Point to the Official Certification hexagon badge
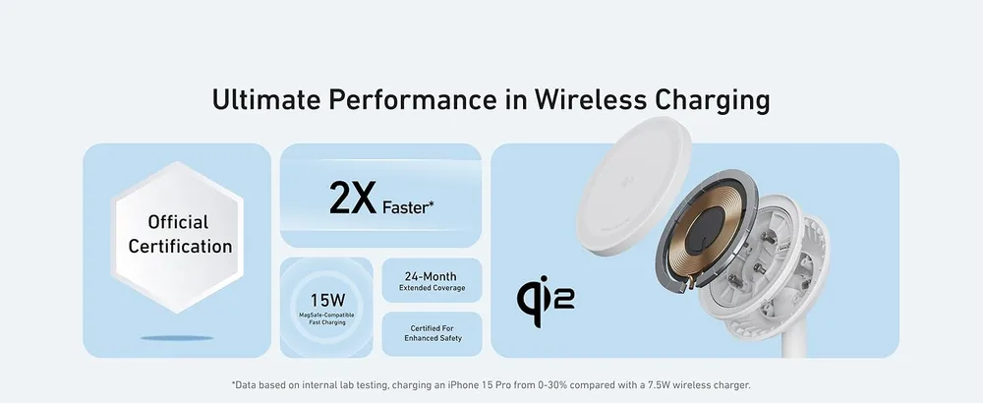178,234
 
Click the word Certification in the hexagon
180,247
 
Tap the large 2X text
352,198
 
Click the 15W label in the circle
325,298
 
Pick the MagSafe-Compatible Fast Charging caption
325,317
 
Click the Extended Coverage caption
432,288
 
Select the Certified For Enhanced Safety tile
432,333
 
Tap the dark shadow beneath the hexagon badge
178,337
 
